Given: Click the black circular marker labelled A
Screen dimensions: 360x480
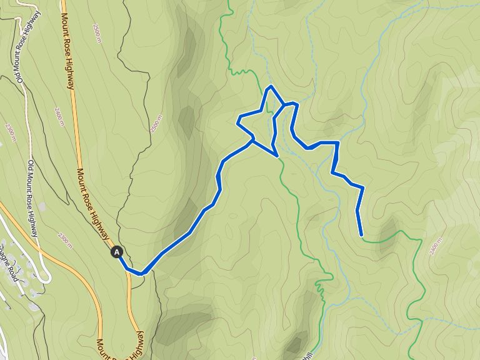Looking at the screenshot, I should tap(117, 252).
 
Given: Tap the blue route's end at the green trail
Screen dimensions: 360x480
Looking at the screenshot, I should tap(362, 236).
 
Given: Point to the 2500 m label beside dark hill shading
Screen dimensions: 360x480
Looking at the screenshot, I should tap(155, 123).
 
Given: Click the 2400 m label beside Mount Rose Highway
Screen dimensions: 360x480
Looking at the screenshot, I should tap(59, 116).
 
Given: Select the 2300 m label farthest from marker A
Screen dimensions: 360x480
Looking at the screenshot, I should tap(9, 132).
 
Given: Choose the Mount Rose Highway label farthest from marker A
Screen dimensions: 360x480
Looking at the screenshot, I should tap(68, 44).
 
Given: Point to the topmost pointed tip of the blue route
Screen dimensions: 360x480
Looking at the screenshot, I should tap(270, 86).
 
